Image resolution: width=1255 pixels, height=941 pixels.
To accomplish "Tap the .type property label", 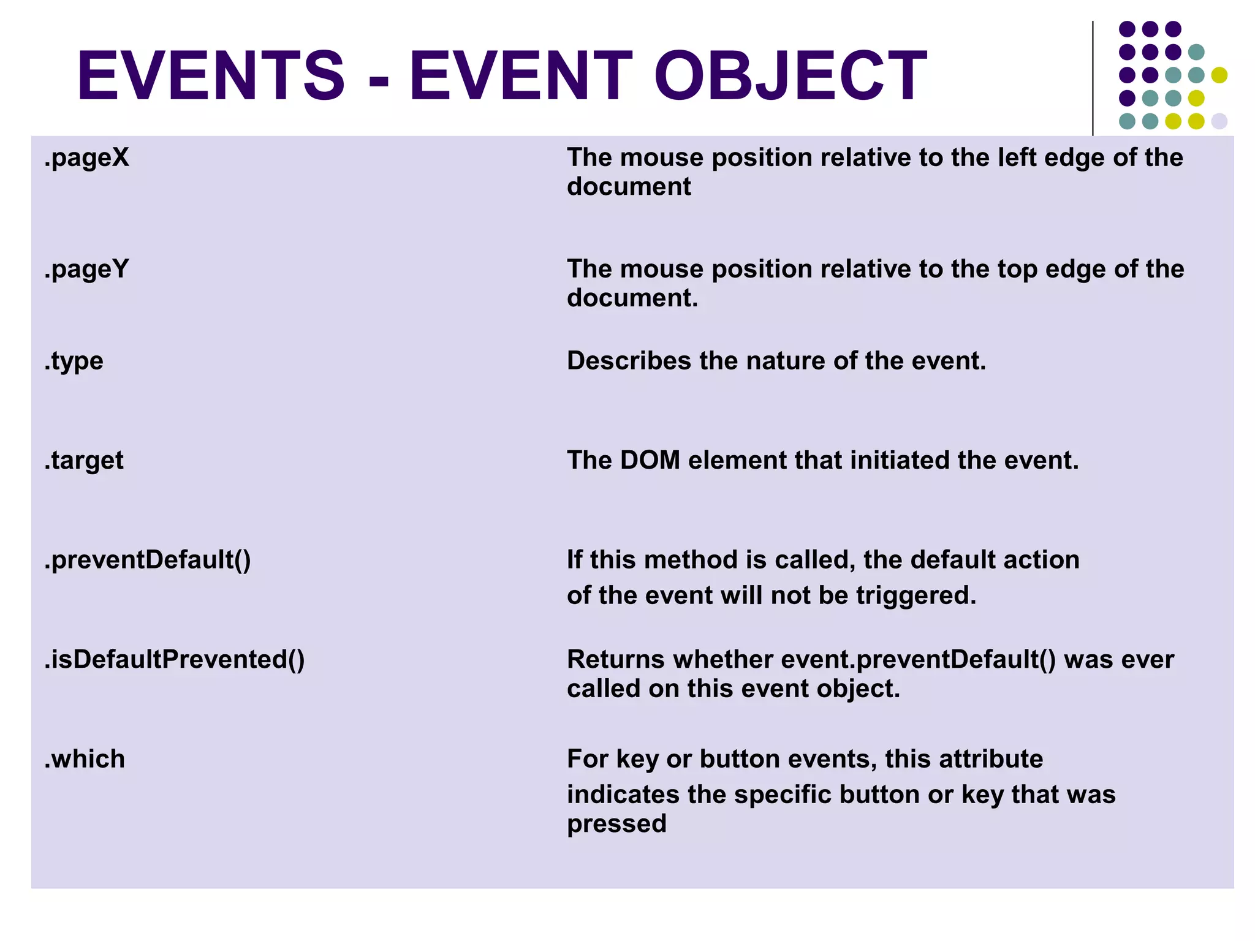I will tap(74, 361).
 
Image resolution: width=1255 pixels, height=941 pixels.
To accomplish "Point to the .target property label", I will tap(84, 461).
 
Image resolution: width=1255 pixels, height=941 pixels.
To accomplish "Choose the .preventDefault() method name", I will tap(148, 561).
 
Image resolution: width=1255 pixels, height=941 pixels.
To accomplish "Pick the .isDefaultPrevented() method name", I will tap(175, 660).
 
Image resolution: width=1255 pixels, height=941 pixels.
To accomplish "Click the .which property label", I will tap(85, 759).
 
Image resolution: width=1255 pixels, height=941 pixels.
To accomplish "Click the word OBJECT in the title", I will tap(791, 76).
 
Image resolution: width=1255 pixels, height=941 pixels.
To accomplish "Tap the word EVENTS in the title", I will tap(211, 76).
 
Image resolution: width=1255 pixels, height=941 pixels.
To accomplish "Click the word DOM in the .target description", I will tap(650, 461).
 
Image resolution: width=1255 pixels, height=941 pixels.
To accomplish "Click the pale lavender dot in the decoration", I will tap(1219, 121).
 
